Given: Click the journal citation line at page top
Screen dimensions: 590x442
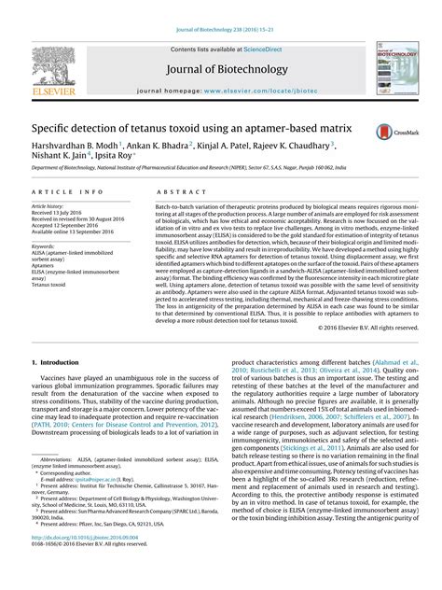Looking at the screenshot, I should pyautogui.click(x=220, y=8).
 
